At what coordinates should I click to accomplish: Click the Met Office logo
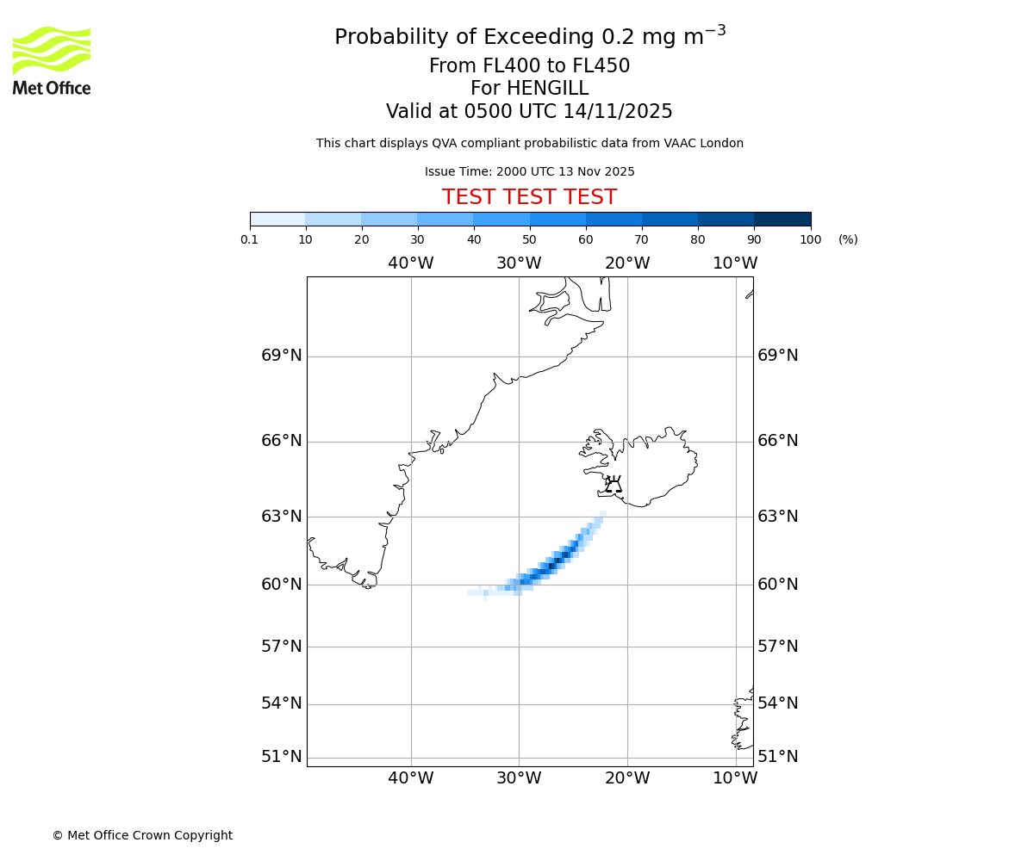point(52,60)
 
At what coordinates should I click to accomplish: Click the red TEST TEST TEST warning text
point(529,198)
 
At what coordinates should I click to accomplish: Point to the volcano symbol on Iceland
point(614,484)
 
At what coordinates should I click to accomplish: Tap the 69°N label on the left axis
point(282,356)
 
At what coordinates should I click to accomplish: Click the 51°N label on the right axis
point(777,757)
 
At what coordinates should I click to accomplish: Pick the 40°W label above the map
point(410,263)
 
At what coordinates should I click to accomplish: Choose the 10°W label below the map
point(735,778)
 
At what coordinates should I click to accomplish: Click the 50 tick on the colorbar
point(530,239)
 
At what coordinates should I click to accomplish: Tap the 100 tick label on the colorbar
point(810,239)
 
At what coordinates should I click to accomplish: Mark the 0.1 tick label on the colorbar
point(250,239)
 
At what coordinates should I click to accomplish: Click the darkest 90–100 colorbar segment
point(782,219)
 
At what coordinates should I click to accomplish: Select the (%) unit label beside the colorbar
point(848,239)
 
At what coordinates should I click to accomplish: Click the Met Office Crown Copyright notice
point(142,835)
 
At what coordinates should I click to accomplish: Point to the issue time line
point(529,172)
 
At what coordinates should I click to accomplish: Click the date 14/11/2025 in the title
point(618,112)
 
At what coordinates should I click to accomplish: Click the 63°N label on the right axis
point(777,517)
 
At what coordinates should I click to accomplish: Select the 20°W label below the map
point(627,778)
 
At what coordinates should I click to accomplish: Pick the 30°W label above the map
point(519,263)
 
